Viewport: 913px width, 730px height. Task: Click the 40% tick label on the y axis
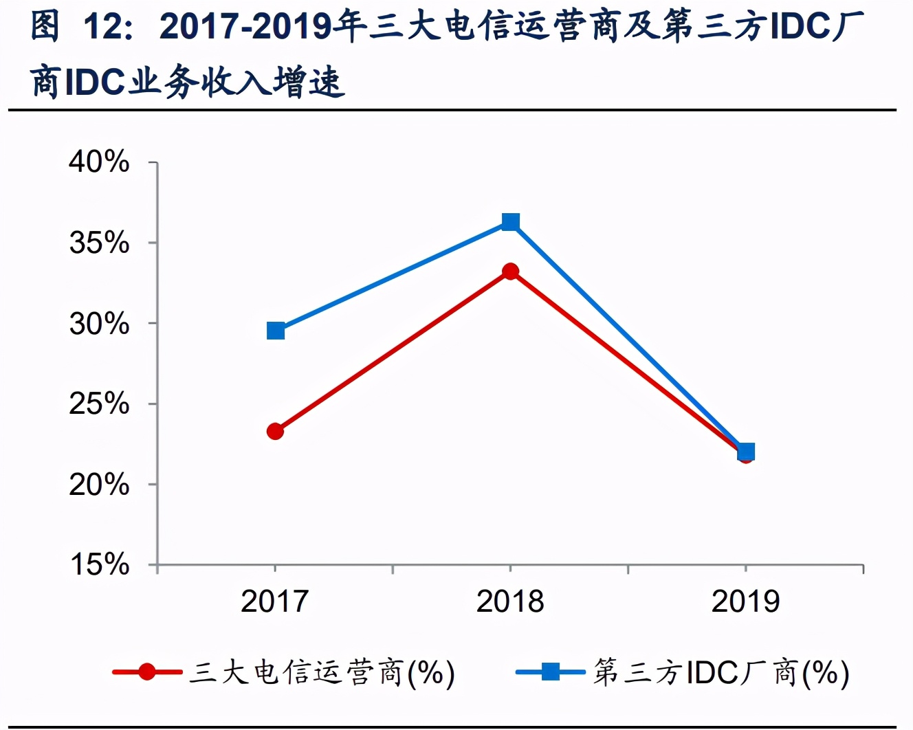(x=99, y=162)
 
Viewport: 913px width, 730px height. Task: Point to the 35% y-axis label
(x=99, y=243)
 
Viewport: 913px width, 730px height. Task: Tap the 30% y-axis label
(x=99, y=324)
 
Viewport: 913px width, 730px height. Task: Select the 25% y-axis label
(x=99, y=404)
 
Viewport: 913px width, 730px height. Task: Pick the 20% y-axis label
(x=99, y=485)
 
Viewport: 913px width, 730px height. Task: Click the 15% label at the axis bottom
(x=99, y=565)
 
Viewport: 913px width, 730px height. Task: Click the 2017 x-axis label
(x=275, y=601)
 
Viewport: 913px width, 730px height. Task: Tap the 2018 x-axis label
(x=510, y=601)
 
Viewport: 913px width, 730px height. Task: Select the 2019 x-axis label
(x=745, y=601)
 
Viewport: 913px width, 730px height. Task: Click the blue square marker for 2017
(x=276, y=331)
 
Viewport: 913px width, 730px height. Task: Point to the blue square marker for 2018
(x=510, y=222)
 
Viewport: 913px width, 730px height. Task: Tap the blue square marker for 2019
(x=746, y=452)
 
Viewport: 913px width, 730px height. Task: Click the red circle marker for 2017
(x=275, y=432)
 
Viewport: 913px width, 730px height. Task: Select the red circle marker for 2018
(x=510, y=272)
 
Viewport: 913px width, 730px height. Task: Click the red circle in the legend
(x=146, y=672)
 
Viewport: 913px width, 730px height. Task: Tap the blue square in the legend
(x=550, y=672)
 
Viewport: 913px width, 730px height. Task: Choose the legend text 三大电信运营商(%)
(x=322, y=672)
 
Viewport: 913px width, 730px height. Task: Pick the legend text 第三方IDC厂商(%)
(x=721, y=672)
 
